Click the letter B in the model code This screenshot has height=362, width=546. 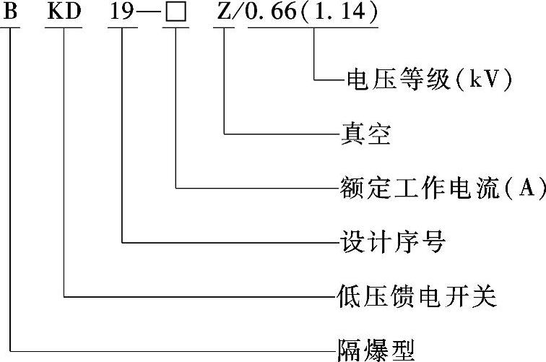(10, 12)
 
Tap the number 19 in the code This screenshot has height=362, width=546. (121, 12)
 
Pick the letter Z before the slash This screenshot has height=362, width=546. (222, 12)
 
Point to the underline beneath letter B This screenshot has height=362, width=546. (10, 28)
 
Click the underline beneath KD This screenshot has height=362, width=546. (64, 28)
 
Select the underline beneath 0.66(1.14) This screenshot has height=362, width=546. (312, 28)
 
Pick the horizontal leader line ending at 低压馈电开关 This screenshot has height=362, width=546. (195, 296)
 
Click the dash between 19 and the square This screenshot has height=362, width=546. (149, 14)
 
